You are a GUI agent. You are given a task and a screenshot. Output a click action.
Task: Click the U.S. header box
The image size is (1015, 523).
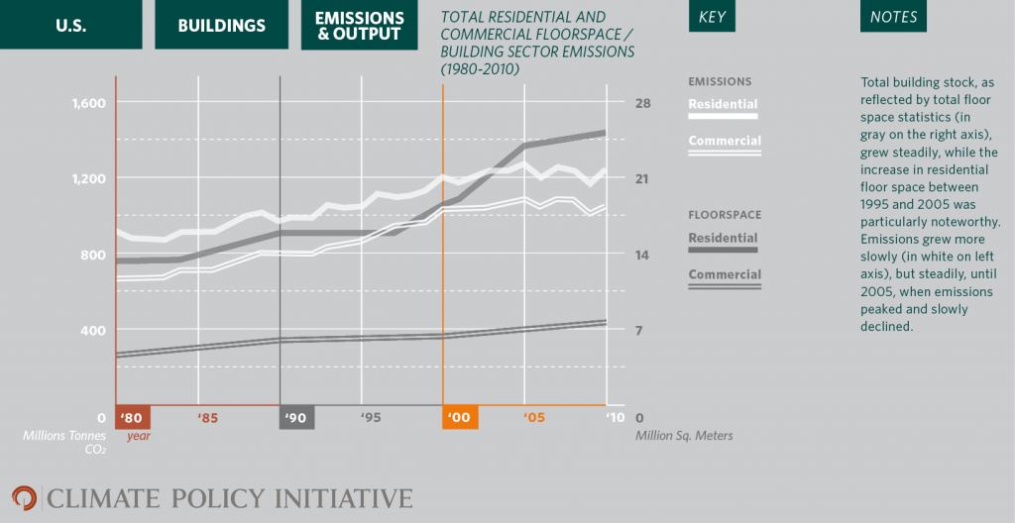pyautogui.click(x=71, y=25)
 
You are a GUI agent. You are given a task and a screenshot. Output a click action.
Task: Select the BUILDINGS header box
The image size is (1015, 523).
pyautogui.click(x=221, y=25)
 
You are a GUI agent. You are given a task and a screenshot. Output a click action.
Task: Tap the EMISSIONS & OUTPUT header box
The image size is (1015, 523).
pyautogui.click(x=359, y=25)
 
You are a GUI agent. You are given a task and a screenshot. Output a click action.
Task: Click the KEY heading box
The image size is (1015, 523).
pyautogui.click(x=712, y=18)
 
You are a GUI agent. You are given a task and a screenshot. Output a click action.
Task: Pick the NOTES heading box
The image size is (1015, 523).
pyautogui.click(x=893, y=18)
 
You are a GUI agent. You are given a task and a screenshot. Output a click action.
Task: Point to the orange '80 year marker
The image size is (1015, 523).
pyautogui.click(x=133, y=418)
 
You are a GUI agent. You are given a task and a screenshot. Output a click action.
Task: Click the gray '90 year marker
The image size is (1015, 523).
pyautogui.click(x=296, y=418)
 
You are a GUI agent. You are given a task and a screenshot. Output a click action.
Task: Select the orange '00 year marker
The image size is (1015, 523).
pyautogui.click(x=460, y=418)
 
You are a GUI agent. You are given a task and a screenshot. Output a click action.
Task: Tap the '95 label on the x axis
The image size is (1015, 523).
pyautogui.click(x=370, y=418)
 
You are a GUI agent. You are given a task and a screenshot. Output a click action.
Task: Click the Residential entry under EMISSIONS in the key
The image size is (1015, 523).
pyautogui.click(x=724, y=105)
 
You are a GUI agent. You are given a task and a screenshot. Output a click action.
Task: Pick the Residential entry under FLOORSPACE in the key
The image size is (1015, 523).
pyautogui.click(x=724, y=239)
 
